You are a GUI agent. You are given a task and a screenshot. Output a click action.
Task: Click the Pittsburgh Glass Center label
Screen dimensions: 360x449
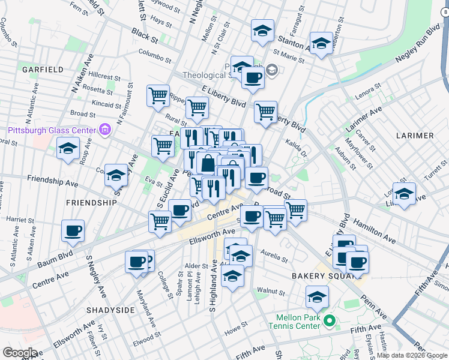(51, 130)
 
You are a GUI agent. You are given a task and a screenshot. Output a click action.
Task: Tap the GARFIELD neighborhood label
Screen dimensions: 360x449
(43, 70)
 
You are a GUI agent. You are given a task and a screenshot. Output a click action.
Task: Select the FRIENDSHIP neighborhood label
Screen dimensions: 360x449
(91, 203)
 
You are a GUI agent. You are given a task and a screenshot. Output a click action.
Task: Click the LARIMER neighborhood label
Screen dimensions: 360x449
(415, 136)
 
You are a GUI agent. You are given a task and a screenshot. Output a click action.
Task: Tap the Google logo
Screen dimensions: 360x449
(20, 353)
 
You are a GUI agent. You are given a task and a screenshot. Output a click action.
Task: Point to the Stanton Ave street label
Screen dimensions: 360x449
(292, 43)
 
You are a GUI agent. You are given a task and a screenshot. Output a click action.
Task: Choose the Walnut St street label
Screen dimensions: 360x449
(270, 291)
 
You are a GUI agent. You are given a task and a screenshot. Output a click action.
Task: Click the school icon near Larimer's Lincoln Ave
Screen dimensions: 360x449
(404, 194)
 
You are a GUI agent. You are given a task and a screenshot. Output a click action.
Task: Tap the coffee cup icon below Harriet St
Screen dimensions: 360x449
(73, 231)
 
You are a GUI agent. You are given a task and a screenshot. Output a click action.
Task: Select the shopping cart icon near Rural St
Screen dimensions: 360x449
(197, 108)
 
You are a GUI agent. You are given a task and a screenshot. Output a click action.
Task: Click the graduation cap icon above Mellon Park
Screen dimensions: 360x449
(317, 296)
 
